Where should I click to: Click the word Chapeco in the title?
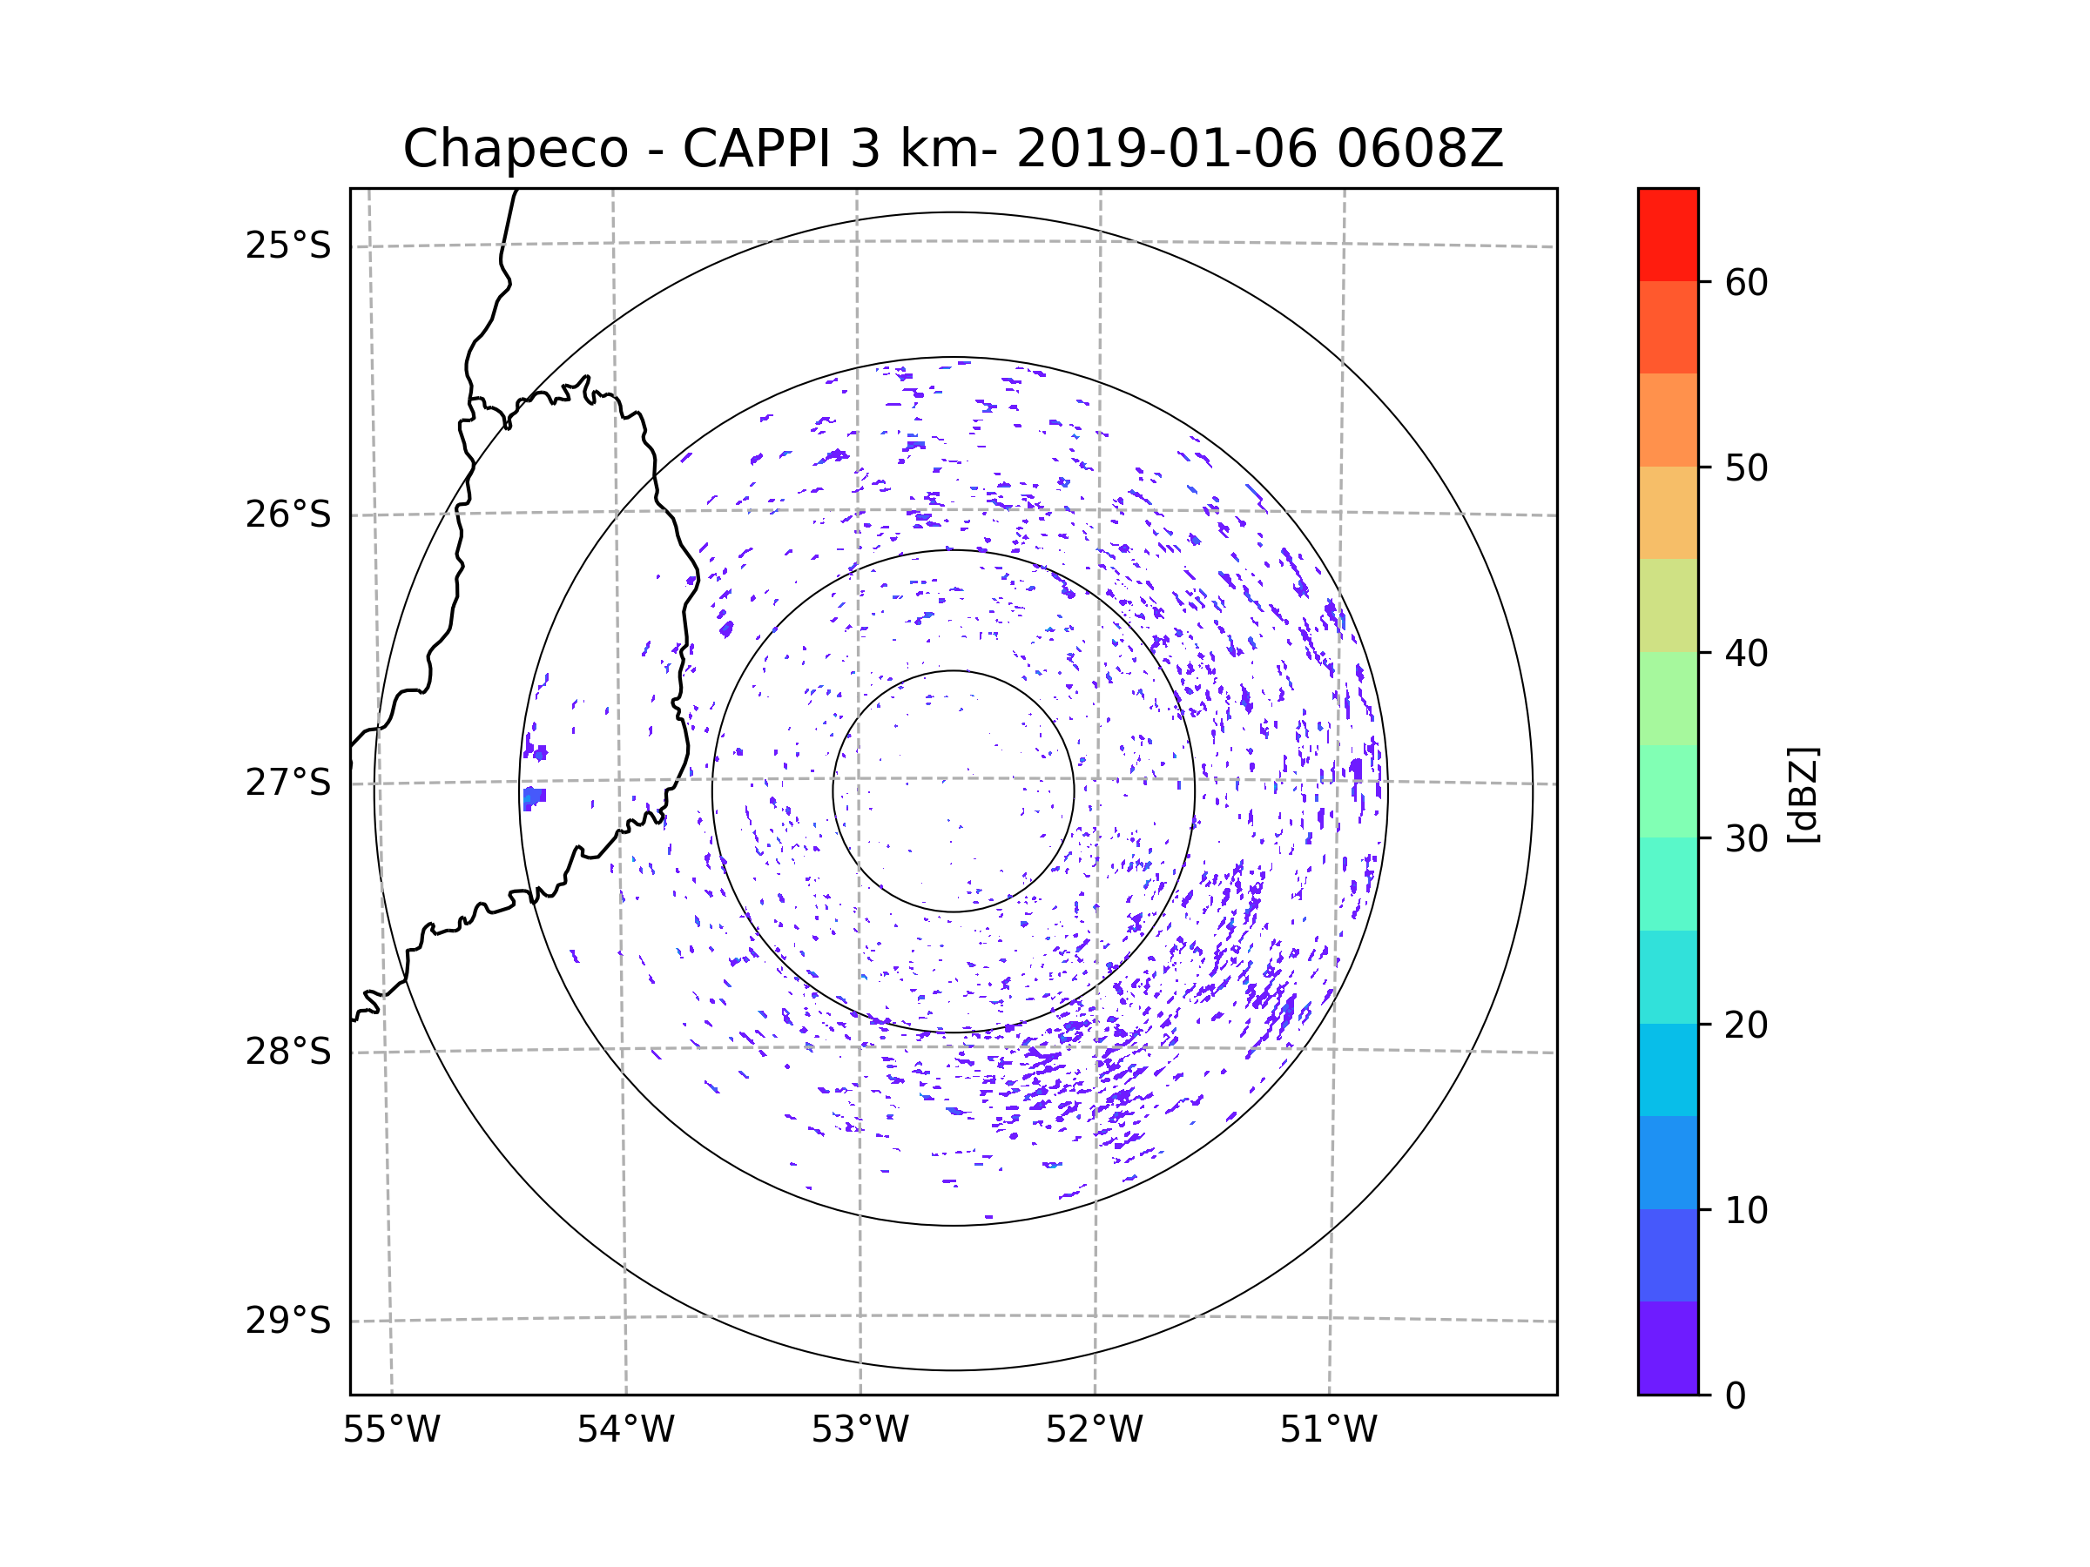pyautogui.click(x=515, y=149)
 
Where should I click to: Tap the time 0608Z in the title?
pyautogui.click(x=1420, y=149)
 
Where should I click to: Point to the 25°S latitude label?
pyautogui.click(x=288, y=245)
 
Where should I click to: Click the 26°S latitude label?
pyautogui.click(x=288, y=514)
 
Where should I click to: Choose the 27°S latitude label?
pyautogui.click(x=288, y=783)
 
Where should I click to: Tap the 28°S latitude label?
pyautogui.click(x=288, y=1052)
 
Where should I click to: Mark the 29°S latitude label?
pyautogui.click(x=288, y=1321)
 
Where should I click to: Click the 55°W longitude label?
pyautogui.click(x=391, y=1430)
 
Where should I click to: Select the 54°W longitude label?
pyautogui.click(x=625, y=1430)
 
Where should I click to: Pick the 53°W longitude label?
pyautogui.click(x=860, y=1430)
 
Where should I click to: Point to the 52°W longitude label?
pyautogui.click(x=1094, y=1430)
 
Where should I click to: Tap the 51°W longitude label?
pyautogui.click(x=1328, y=1430)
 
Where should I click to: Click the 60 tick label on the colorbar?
pyautogui.click(x=1746, y=282)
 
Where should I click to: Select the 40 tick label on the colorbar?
pyautogui.click(x=1746, y=654)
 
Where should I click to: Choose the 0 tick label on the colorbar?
pyautogui.click(x=1736, y=1396)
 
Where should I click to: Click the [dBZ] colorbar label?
pyautogui.click(x=1803, y=794)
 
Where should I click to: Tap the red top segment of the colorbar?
pyautogui.click(x=1668, y=234)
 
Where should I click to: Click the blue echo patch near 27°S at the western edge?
pyautogui.click(x=534, y=798)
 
